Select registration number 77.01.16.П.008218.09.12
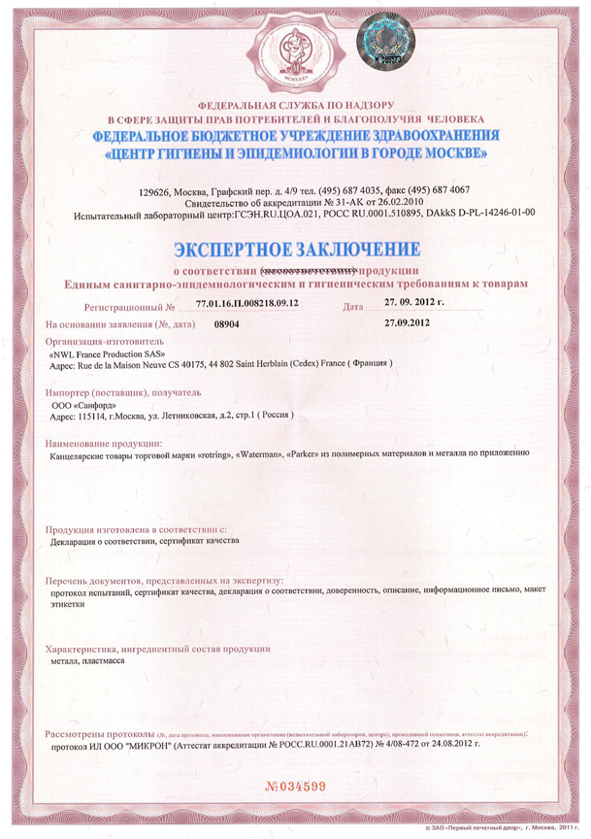click(x=246, y=305)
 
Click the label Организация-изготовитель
click(x=98, y=342)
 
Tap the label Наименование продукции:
click(x=102, y=443)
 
